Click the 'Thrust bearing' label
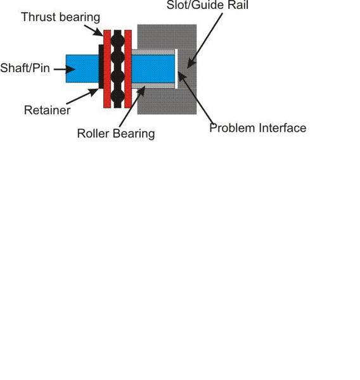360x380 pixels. (x=61, y=18)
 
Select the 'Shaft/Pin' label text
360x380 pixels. (x=25, y=68)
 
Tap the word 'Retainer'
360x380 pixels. (x=48, y=110)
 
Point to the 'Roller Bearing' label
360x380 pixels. (x=116, y=134)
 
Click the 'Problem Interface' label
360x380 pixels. (x=258, y=128)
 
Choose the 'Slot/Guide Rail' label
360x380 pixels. (x=208, y=5)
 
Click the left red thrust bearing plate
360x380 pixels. (x=107, y=69)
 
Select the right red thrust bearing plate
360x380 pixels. (x=128, y=69)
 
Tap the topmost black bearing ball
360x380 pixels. (x=118, y=39)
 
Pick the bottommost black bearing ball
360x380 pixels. (x=118, y=96)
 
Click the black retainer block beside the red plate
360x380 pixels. (x=101, y=66)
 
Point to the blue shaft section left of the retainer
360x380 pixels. (x=82, y=68)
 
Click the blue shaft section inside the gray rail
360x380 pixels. (x=153, y=69)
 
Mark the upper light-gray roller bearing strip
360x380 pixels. (x=153, y=53)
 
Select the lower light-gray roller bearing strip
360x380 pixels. (x=153, y=85)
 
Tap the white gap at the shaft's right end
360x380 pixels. (x=176, y=69)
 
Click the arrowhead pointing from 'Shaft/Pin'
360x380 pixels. (x=70, y=69)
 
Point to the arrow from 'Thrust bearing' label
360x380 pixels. (x=94, y=30)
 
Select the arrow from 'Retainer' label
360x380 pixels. (x=82, y=96)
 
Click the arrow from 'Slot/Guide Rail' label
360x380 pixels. (x=205, y=41)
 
